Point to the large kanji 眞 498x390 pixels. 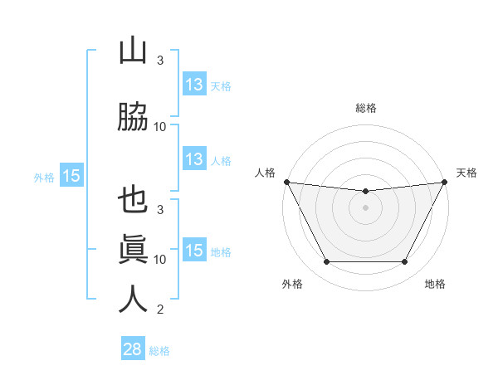tap(133, 249)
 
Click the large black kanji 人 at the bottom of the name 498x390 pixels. tap(133, 299)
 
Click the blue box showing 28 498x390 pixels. tap(132, 349)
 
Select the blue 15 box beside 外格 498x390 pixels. tap(71, 176)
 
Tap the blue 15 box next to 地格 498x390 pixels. tap(193, 251)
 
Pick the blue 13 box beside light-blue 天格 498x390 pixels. tap(193, 85)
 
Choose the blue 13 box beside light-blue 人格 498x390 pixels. tap(193, 159)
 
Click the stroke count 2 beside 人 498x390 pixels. tap(160, 310)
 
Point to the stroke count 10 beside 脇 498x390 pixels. tap(160, 127)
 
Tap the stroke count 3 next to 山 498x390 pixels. tap(160, 61)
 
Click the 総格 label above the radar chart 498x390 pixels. tap(365, 108)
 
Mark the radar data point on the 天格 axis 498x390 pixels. tap(445, 182)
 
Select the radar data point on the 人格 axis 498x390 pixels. tap(286, 182)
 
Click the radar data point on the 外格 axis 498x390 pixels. tap(326, 262)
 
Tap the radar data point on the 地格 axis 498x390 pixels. tap(405, 262)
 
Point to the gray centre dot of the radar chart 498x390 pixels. tap(365, 207)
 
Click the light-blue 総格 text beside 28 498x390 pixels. tap(159, 351)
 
